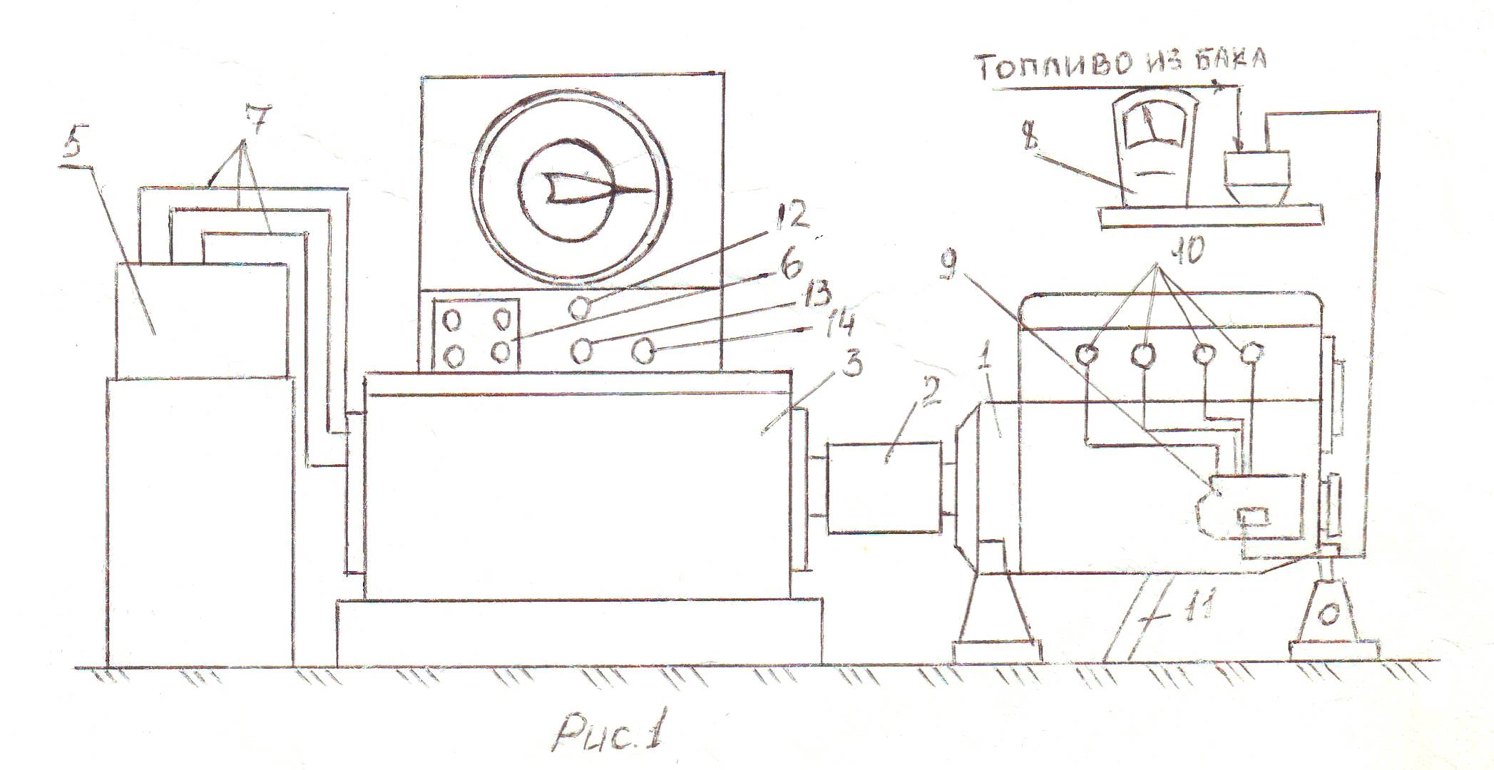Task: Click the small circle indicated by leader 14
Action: pos(645,351)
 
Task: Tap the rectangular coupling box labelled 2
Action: pos(884,487)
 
